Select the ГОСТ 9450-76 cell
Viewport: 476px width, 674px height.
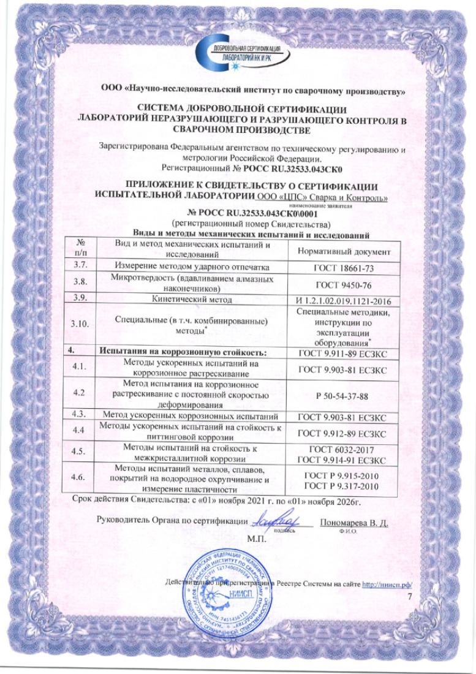tap(339, 285)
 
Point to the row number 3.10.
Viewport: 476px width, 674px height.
tap(80, 324)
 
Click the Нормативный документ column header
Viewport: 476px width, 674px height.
tap(339, 251)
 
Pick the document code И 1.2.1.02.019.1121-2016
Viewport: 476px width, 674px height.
tap(339, 301)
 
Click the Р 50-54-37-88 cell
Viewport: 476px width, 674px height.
tap(339, 396)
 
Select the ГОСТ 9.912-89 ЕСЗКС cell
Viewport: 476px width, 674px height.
tap(339, 433)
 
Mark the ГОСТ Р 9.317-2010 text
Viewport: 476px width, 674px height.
tap(339, 486)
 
